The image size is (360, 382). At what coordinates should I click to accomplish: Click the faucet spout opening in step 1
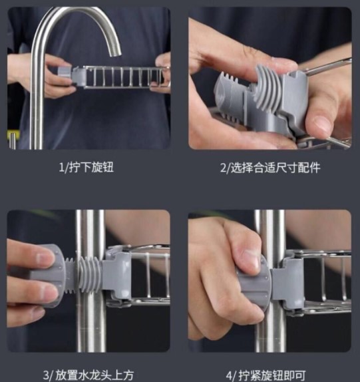[115, 53]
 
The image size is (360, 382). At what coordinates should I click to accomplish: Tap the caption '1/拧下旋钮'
[87, 167]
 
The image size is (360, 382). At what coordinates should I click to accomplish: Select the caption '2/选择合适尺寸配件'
[270, 168]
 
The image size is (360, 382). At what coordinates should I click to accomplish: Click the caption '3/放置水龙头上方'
[89, 375]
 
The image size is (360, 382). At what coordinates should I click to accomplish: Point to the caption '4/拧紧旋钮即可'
[266, 375]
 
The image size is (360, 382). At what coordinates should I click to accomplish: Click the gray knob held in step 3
[49, 276]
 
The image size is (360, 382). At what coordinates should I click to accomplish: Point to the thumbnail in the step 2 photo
[321, 123]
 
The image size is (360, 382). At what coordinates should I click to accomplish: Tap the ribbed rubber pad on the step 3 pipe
[90, 275]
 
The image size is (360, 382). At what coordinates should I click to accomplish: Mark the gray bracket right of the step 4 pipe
[289, 284]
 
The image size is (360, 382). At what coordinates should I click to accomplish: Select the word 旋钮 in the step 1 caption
[102, 167]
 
